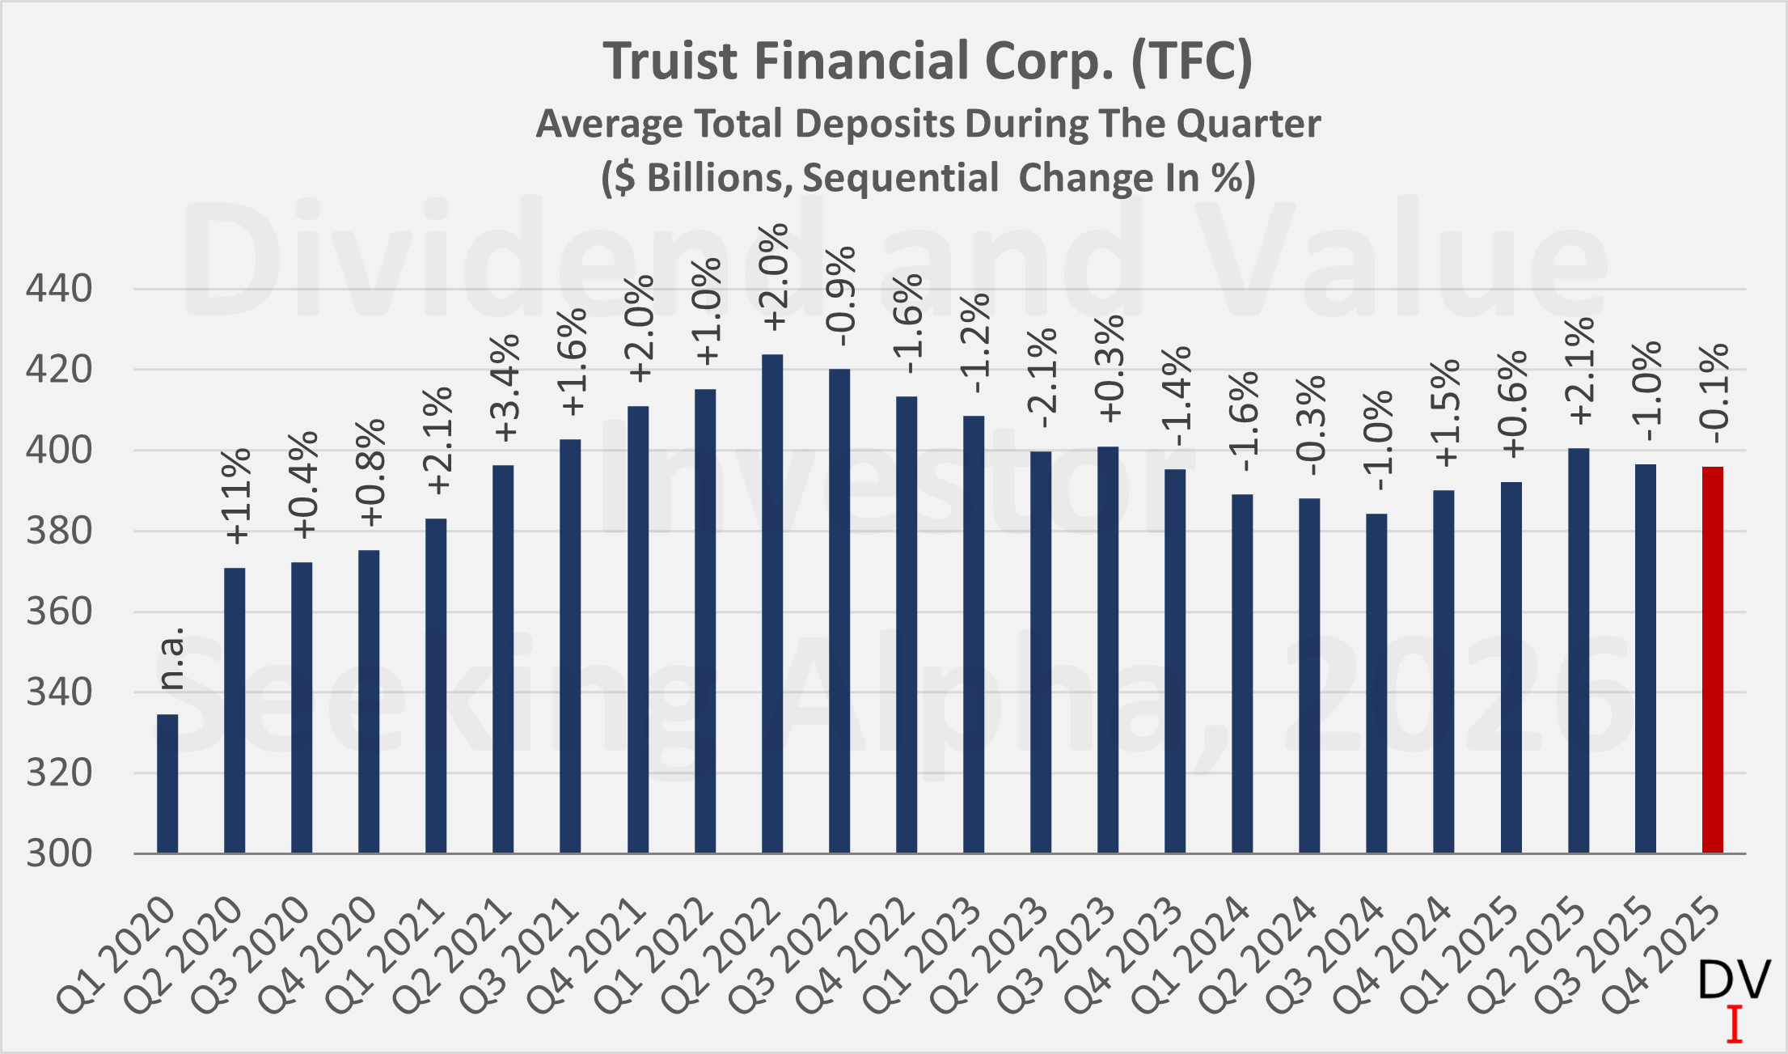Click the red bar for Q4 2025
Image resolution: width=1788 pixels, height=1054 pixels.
(x=1712, y=659)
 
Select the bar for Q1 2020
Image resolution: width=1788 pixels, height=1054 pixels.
(x=167, y=783)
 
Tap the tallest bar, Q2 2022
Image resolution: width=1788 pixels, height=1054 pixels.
(x=772, y=603)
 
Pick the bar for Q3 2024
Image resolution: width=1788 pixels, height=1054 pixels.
(x=1376, y=683)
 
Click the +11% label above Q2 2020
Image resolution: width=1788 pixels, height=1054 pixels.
(x=237, y=495)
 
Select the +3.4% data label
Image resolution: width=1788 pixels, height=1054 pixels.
(x=505, y=388)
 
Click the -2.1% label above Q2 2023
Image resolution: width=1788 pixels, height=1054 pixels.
(x=1043, y=378)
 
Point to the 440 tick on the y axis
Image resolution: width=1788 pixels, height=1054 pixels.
(x=59, y=289)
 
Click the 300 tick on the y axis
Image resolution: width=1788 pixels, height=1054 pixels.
(x=59, y=853)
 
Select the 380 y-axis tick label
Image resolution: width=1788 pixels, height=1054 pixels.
(x=59, y=531)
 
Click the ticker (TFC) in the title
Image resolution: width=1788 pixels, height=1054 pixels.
(x=1191, y=61)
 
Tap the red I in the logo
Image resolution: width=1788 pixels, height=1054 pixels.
(x=1734, y=1024)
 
